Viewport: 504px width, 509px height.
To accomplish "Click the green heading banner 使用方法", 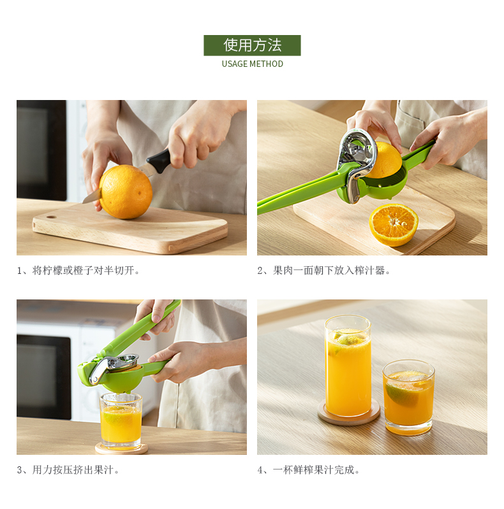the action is click(252, 45).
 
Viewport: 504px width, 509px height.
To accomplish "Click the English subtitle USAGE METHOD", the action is click(253, 64).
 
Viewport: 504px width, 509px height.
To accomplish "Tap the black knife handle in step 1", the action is click(159, 161).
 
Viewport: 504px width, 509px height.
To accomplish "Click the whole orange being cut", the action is click(126, 192).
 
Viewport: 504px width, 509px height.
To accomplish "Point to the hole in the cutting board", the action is click(51, 217).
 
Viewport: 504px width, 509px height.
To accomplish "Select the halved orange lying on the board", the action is click(394, 225).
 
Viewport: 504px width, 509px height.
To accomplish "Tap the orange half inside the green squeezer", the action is click(384, 160).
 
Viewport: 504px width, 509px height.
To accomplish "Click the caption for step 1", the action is click(78, 270).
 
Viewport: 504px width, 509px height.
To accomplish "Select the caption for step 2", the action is click(324, 270).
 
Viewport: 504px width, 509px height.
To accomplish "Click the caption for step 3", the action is click(68, 470).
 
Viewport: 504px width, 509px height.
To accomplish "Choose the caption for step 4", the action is click(309, 470).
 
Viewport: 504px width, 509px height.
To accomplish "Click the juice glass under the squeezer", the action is click(121, 420).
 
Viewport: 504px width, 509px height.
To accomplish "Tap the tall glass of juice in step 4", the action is click(348, 366).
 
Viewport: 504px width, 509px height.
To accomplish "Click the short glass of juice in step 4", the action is click(409, 398).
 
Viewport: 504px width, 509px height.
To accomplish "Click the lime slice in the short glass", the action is click(401, 394).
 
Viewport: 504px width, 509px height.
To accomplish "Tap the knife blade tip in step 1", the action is click(83, 203).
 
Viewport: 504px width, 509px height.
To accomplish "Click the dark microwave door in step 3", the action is click(43, 377).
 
